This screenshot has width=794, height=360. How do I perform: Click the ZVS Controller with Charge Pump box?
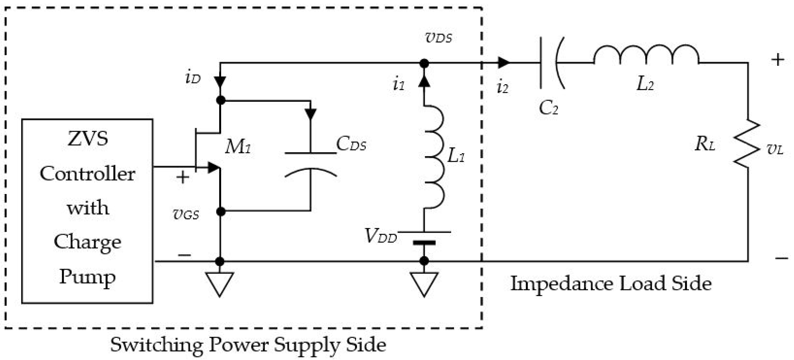(x=87, y=211)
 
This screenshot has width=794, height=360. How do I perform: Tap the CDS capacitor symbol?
(x=310, y=165)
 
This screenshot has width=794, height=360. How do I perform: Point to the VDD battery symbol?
(x=424, y=237)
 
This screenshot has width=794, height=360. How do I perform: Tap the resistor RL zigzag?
(x=747, y=144)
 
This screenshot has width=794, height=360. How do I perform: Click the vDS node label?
(x=438, y=38)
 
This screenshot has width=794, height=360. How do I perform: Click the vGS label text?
(x=186, y=215)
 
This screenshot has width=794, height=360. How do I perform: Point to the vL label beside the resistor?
(x=775, y=150)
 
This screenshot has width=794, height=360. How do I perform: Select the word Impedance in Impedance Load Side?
(x=561, y=284)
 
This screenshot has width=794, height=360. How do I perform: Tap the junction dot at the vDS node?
(x=424, y=63)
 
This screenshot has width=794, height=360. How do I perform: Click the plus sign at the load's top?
(x=777, y=59)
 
